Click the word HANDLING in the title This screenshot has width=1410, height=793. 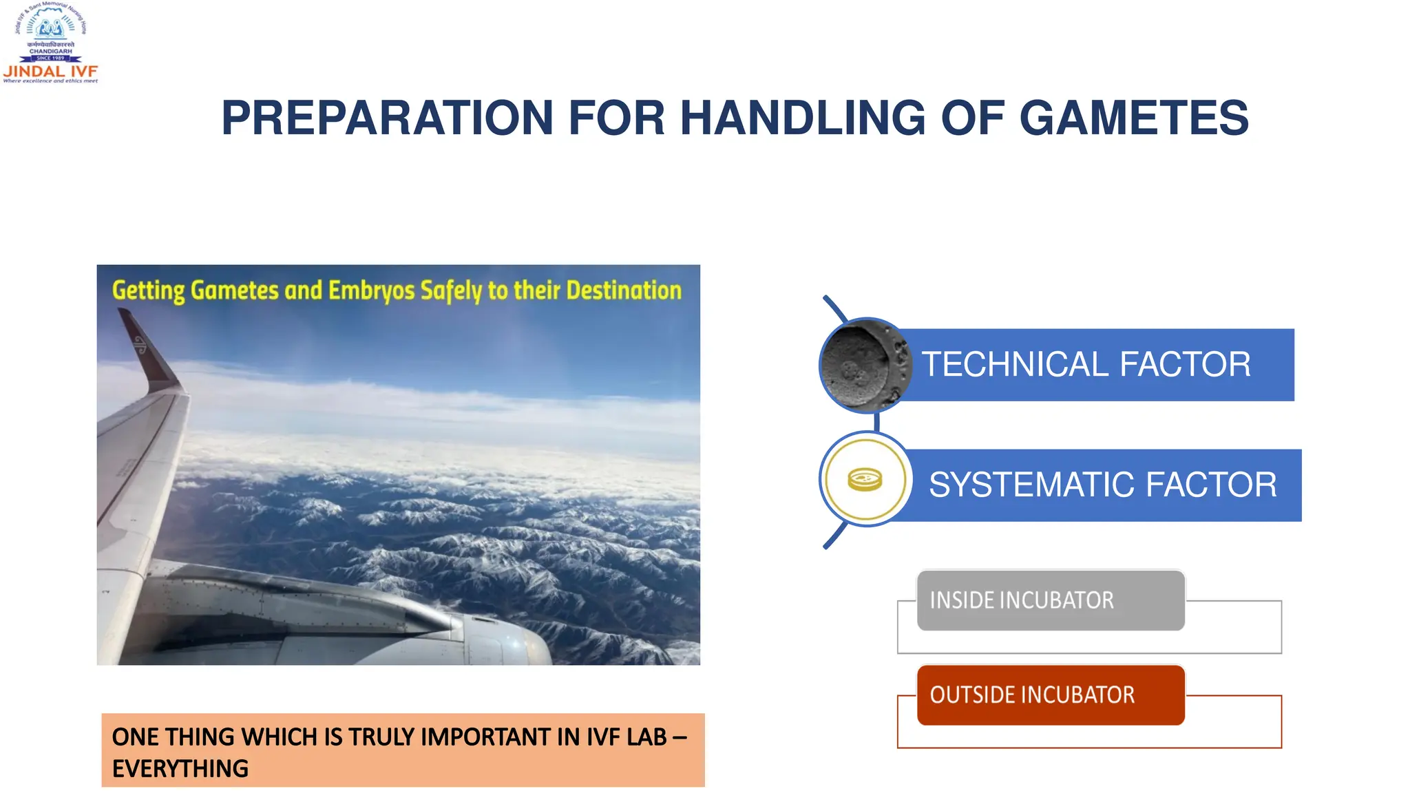tap(802, 118)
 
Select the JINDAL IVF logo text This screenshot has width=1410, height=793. tap(50, 71)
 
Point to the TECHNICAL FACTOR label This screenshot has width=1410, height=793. tap(1086, 364)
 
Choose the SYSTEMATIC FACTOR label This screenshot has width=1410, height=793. tap(1102, 485)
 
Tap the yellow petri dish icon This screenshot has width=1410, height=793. tap(865, 479)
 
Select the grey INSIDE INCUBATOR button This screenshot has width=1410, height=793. tap(1050, 600)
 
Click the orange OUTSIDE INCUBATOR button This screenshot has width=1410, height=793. tap(1050, 695)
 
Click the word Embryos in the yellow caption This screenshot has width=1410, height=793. tap(371, 290)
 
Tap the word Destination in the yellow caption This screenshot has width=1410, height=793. tap(624, 290)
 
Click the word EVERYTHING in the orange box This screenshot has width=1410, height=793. tap(180, 768)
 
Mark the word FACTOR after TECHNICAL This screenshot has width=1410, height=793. tap(1185, 364)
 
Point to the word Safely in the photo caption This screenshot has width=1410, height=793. tap(451, 290)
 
